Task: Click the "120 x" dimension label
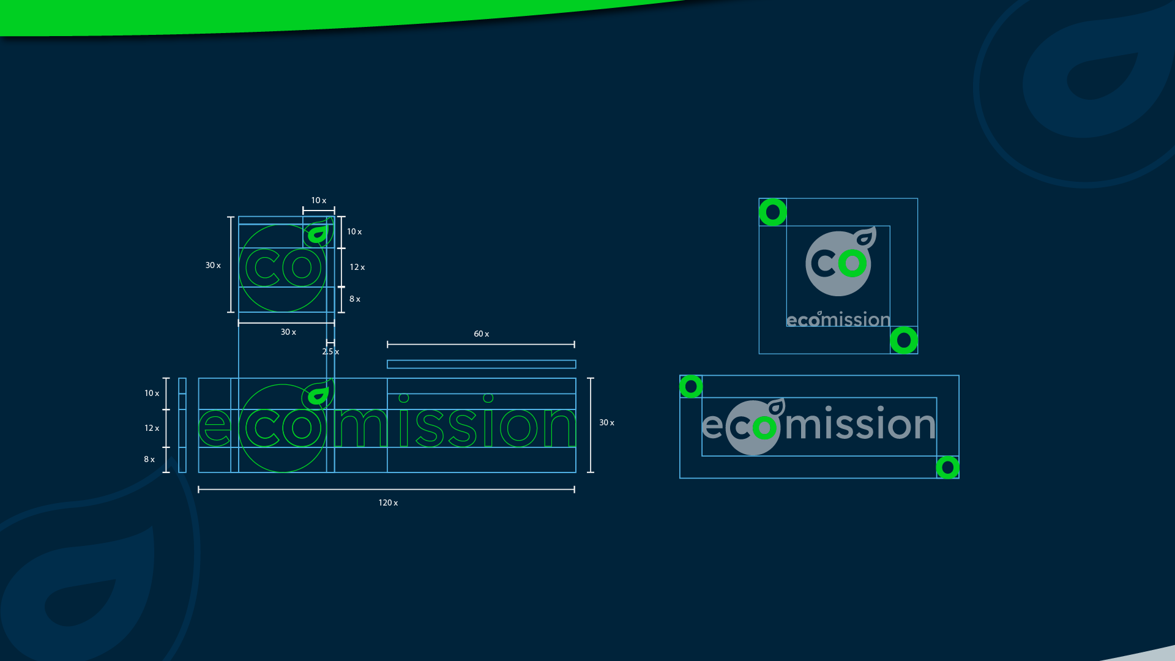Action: click(388, 503)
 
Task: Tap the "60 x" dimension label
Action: click(481, 334)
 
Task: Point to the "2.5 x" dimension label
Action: click(330, 352)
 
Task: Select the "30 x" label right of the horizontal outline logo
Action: click(606, 423)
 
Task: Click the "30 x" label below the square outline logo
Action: click(288, 332)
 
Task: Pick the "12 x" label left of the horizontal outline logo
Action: click(152, 428)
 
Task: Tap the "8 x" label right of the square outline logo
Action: click(355, 299)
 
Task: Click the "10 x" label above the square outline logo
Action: click(318, 201)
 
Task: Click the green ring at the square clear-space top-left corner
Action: click(773, 212)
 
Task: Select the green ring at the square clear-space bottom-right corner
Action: click(904, 340)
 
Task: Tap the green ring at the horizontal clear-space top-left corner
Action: click(691, 387)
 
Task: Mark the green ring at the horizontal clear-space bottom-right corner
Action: click(948, 468)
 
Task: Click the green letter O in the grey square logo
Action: click(852, 264)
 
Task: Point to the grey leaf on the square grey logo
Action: click(865, 237)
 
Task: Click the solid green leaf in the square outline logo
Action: click(318, 234)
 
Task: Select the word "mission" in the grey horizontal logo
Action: click(860, 424)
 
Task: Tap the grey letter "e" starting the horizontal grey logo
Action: click(712, 426)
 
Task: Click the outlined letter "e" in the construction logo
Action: click(214, 427)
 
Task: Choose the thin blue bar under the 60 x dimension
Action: click(481, 365)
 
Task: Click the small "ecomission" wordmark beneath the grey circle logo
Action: click(838, 319)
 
